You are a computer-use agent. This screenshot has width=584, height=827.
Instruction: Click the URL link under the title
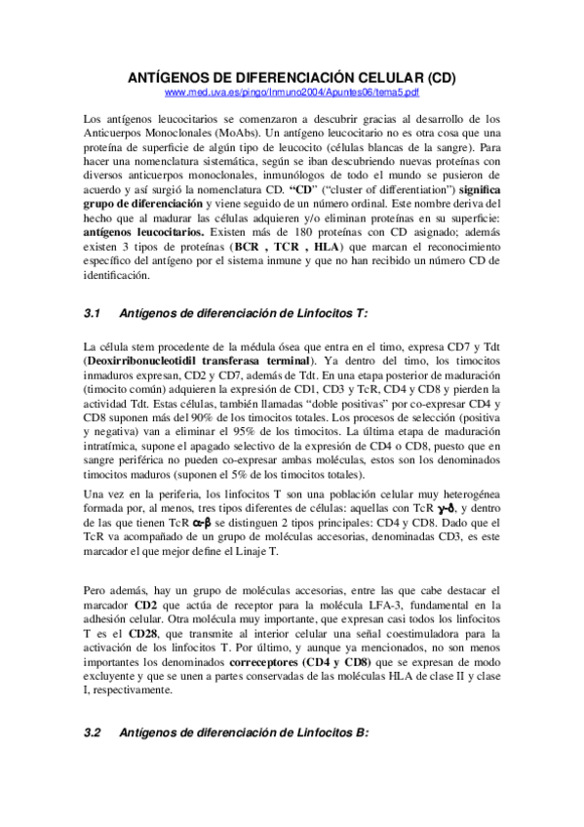pos(292,92)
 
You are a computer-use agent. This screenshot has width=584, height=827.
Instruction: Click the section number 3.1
pos(94,313)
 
